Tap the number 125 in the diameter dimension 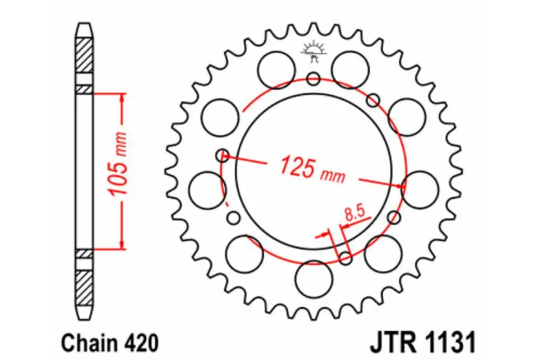(x=295, y=164)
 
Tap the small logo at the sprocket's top (x=312, y=52)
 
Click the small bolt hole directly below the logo (x=312, y=78)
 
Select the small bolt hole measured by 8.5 (x=345, y=256)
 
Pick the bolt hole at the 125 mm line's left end (x=223, y=156)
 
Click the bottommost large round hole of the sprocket (x=312, y=277)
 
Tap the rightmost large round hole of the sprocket (x=420, y=189)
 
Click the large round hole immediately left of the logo (x=275, y=70)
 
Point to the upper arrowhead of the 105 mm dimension (x=120, y=99)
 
